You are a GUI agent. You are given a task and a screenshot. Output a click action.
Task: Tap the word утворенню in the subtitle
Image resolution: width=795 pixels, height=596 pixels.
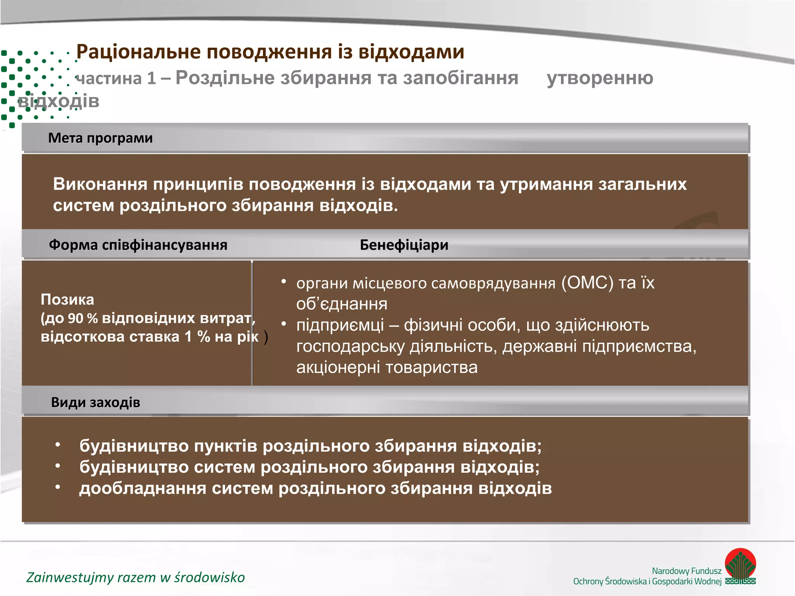pyautogui.click(x=600, y=78)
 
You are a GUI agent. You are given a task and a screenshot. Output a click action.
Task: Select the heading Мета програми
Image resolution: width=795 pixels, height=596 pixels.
pyautogui.click(x=100, y=138)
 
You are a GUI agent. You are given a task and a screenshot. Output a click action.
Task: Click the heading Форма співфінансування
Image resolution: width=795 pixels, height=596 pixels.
pyautogui.click(x=138, y=245)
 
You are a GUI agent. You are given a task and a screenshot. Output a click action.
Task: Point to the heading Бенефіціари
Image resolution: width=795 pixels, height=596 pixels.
pyautogui.click(x=404, y=245)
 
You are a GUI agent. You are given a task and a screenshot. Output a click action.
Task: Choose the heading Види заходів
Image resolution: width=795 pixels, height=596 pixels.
pyautogui.click(x=95, y=402)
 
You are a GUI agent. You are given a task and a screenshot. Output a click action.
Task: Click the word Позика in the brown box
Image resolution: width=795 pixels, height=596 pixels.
pyautogui.click(x=67, y=300)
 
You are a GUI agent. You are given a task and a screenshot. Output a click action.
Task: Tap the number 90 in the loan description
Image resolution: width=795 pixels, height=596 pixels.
pyautogui.click(x=76, y=319)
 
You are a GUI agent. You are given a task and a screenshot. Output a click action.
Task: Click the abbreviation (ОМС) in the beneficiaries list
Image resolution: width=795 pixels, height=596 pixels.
pyautogui.click(x=587, y=283)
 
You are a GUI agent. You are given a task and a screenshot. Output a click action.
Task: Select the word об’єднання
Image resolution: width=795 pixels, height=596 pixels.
pyautogui.click(x=342, y=304)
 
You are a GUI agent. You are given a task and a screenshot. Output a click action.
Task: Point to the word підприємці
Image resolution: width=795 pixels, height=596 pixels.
pyautogui.click(x=340, y=325)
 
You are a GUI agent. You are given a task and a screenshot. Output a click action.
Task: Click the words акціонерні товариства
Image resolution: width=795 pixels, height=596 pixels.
pyautogui.click(x=387, y=367)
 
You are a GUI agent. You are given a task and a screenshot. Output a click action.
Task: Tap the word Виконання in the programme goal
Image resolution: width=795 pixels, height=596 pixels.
pyautogui.click(x=100, y=184)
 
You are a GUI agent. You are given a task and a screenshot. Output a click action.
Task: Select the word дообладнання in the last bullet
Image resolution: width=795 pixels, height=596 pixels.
pyautogui.click(x=142, y=488)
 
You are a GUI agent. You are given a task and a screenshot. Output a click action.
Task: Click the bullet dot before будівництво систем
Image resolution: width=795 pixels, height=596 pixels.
pyautogui.click(x=58, y=466)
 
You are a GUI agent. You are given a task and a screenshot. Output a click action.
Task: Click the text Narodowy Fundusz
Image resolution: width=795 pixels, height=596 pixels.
pyautogui.click(x=686, y=571)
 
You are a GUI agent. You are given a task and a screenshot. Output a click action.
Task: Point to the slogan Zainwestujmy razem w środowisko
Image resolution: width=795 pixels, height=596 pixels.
pyautogui.click(x=135, y=577)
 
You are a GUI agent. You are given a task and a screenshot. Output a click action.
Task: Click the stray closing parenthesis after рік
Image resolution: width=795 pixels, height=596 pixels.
pyautogui.click(x=266, y=337)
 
